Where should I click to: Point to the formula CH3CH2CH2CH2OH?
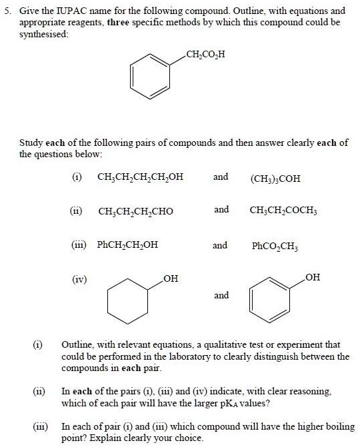click(140, 178)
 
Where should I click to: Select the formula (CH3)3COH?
click(275, 179)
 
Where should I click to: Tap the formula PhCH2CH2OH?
click(127, 245)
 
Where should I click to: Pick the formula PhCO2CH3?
click(275, 246)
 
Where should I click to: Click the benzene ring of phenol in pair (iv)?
click(270, 298)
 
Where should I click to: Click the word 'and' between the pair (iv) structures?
click(221, 295)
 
